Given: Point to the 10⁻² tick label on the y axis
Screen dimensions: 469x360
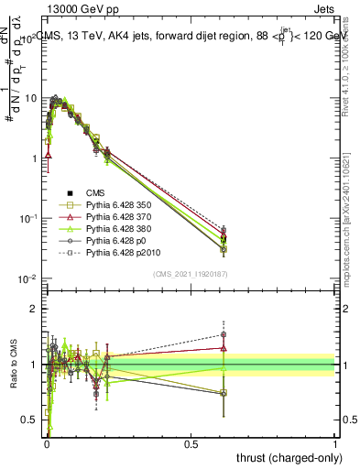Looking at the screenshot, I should [x=27, y=278].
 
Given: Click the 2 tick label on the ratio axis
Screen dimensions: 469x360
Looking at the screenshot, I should [x=34, y=309].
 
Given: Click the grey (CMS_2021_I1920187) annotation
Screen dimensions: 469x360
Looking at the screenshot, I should [x=191, y=273].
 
